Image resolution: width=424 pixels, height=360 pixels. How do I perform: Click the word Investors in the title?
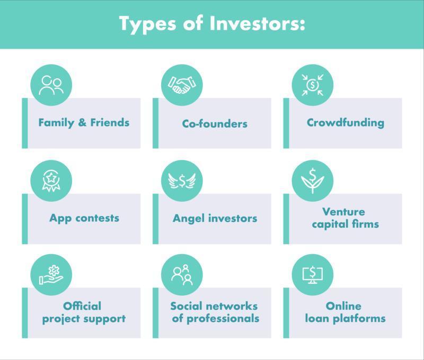tap(257, 23)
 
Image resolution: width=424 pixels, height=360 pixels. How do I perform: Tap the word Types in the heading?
tap(148, 24)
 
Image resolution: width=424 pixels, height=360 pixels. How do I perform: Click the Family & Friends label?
tap(84, 123)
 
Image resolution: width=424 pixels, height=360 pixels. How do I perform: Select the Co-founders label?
tap(215, 124)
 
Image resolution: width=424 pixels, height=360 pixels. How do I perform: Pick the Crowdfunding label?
tap(346, 123)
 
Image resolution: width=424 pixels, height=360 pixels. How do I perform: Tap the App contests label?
tap(84, 218)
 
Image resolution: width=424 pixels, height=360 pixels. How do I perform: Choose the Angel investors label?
tap(215, 218)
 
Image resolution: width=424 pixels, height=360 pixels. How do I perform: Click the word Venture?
tap(343, 211)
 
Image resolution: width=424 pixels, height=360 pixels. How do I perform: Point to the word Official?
tap(82, 306)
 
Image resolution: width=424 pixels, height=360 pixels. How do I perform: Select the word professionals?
tap(223, 319)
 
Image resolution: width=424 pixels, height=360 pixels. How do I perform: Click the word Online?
tap(343, 306)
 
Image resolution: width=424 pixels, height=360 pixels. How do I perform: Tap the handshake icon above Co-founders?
tap(182, 85)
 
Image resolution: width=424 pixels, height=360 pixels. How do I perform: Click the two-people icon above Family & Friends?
tap(51, 85)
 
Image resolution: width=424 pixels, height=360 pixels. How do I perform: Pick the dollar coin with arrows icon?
tap(313, 85)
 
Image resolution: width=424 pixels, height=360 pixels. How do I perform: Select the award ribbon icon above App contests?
tap(51, 181)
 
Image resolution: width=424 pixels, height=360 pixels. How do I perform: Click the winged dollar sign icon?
tap(182, 181)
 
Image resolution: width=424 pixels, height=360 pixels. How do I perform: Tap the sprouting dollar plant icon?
tap(313, 181)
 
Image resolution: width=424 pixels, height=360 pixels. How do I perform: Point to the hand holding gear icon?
tap(51, 275)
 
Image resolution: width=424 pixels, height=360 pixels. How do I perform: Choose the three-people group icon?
tap(182, 275)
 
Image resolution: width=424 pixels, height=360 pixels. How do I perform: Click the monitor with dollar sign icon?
tap(313, 275)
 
